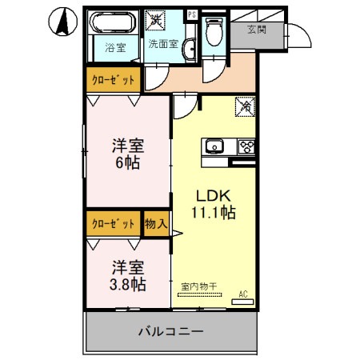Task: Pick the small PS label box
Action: pos(190,14)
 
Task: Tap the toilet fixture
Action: pos(213,32)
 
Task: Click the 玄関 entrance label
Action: pos(256,30)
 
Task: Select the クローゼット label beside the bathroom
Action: pos(112,80)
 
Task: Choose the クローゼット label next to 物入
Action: pos(112,223)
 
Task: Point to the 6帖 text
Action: pos(127,164)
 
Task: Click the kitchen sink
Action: pos(216,146)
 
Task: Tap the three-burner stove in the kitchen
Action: pos(246,146)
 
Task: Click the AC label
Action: pos(243,294)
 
